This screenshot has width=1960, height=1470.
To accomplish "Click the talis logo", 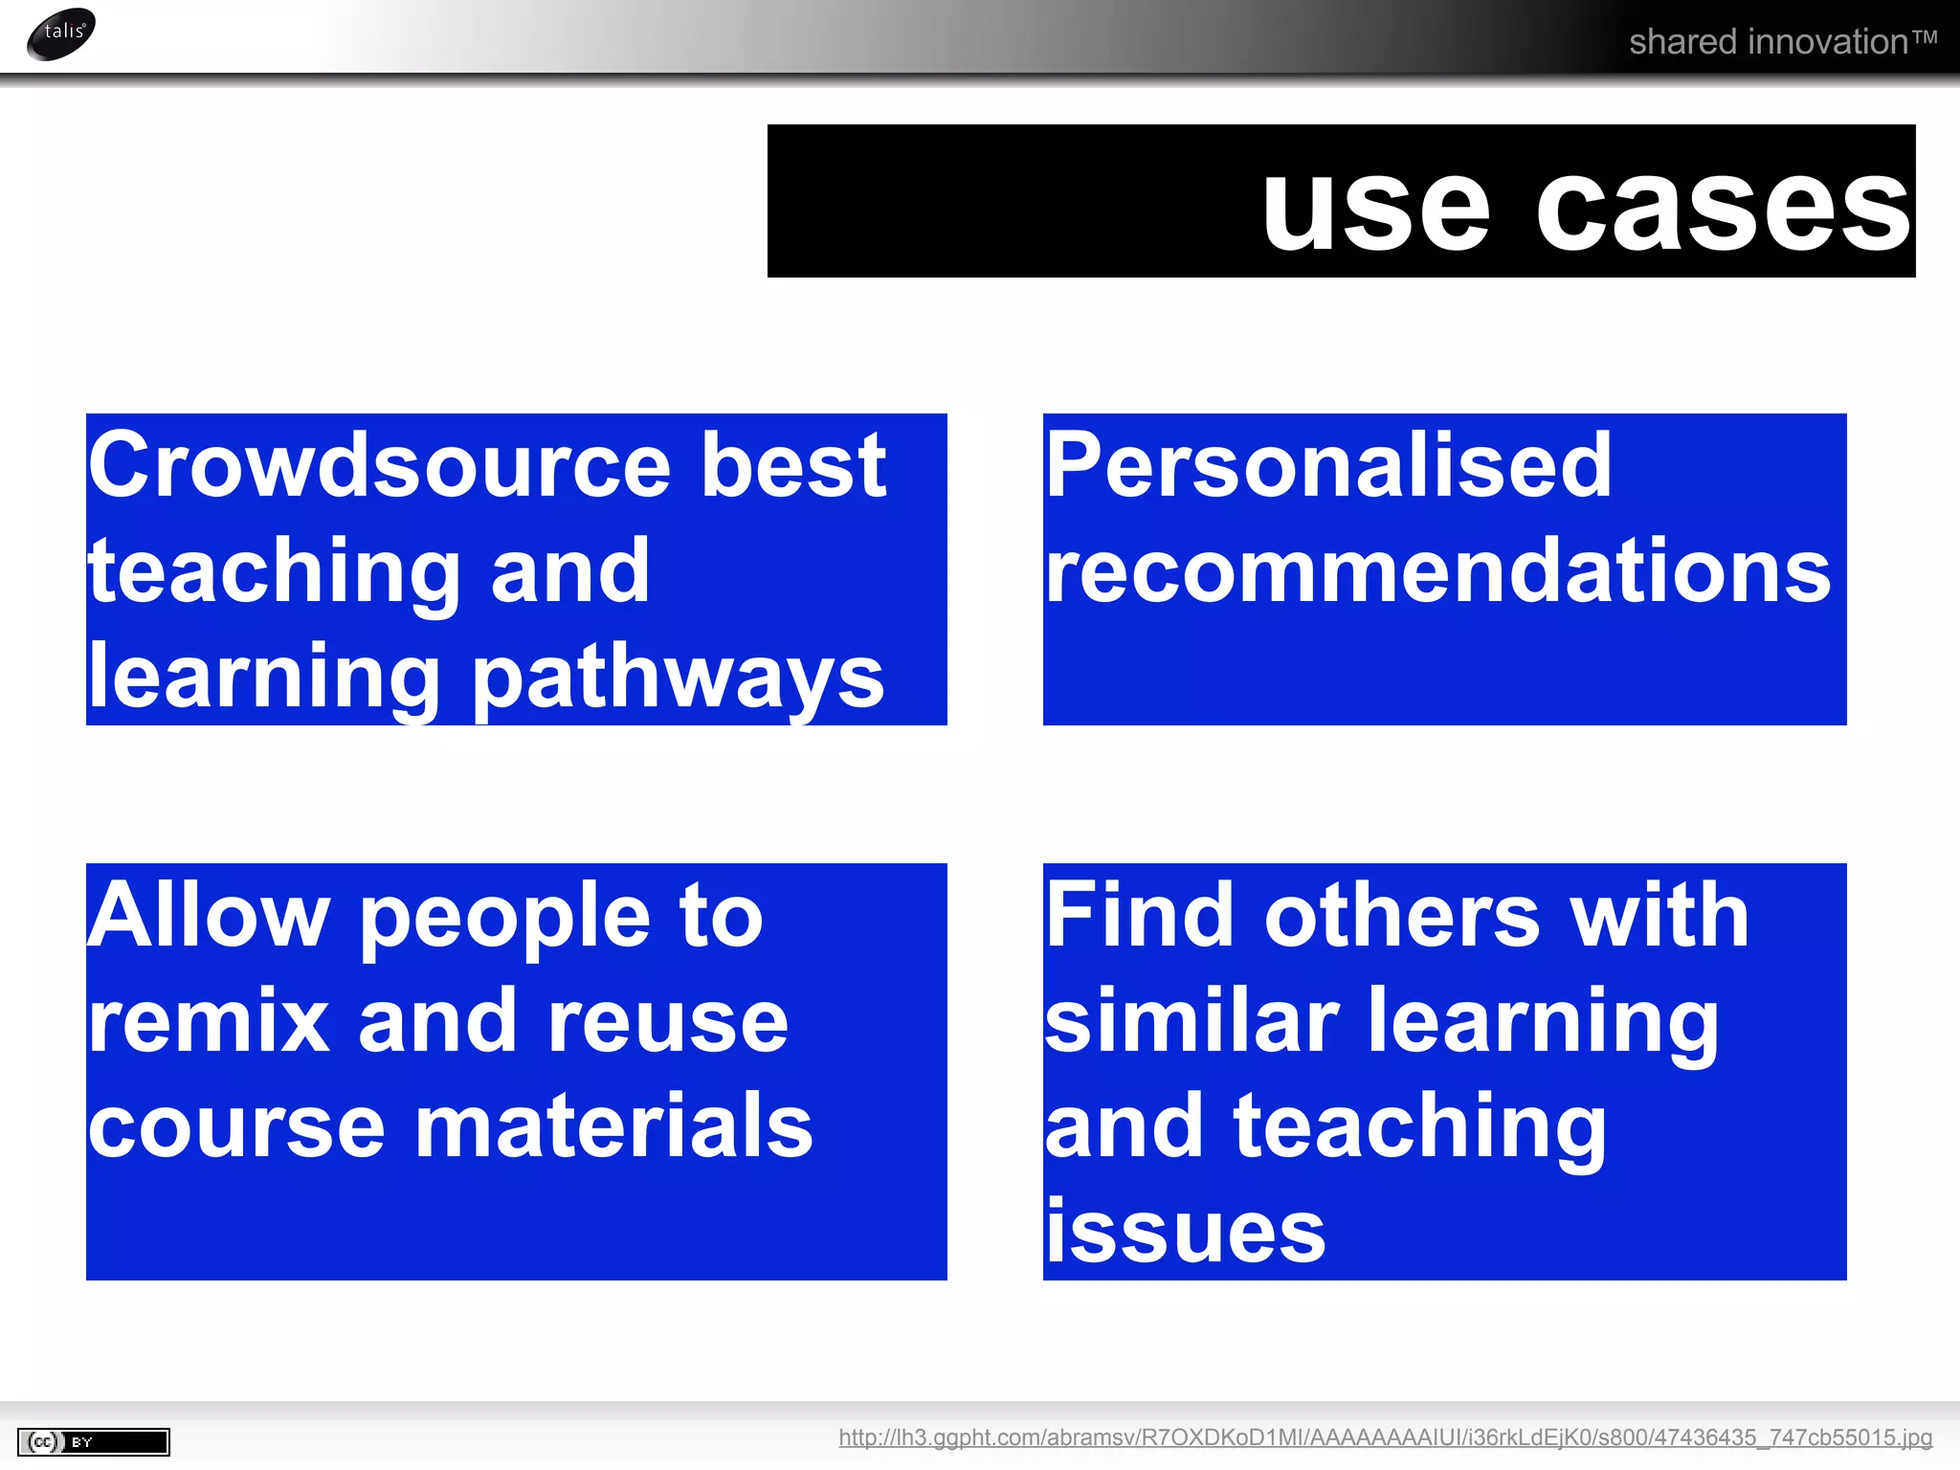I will [x=61, y=33].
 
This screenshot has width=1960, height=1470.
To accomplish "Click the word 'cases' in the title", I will [x=1723, y=209].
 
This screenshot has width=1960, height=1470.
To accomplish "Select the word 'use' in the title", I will [x=1375, y=209].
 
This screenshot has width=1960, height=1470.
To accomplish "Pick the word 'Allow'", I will [x=208, y=916].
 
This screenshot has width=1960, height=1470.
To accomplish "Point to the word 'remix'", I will [x=210, y=1021].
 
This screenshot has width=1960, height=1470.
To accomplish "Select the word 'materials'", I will [x=614, y=1126].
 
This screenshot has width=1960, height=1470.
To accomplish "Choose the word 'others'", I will [x=1402, y=916].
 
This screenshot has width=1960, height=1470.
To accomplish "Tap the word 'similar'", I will [x=1192, y=1021].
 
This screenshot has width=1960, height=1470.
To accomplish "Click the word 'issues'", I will [x=1185, y=1232].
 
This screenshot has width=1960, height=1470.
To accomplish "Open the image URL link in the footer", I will [x=1385, y=1437].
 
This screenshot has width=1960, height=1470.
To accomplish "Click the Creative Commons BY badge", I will [x=93, y=1441].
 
